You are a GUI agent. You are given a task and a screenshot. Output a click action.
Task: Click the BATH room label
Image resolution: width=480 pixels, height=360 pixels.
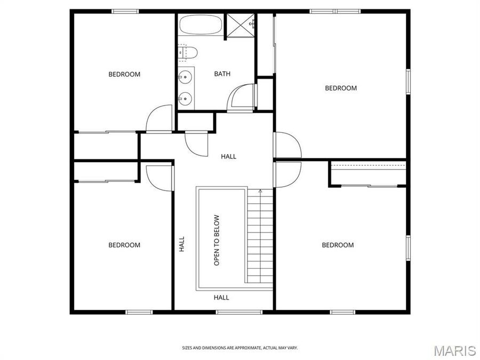click(222, 74)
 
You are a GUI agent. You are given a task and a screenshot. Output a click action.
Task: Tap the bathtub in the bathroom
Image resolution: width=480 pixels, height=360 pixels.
click(201, 25)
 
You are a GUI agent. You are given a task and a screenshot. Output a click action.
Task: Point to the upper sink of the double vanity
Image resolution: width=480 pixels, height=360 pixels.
click(185, 77)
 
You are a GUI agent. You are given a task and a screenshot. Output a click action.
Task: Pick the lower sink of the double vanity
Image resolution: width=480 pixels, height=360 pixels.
click(185, 98)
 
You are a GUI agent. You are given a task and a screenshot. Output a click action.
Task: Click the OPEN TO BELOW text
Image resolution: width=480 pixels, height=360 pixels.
click(217, 240)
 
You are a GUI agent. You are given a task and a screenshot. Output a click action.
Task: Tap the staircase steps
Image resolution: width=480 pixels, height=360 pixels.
click(260, 237)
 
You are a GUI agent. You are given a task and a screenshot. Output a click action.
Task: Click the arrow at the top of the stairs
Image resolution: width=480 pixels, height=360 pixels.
click(260, 191)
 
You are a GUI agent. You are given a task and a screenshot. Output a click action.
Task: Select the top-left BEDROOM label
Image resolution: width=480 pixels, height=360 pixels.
click(124, 74)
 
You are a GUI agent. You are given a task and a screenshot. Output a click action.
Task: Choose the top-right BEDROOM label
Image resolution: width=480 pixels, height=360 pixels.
click(341, 88)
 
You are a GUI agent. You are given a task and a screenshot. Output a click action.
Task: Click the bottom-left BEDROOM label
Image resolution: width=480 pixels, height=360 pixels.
click(124, 245)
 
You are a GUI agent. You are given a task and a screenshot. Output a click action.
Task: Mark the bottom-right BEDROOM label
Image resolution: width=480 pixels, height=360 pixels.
click(338, 245)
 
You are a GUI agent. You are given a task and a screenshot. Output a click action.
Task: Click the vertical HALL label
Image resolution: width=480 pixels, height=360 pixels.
click(182, 244)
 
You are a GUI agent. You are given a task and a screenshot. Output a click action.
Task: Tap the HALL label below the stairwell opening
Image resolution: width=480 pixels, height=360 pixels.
click(221, 298)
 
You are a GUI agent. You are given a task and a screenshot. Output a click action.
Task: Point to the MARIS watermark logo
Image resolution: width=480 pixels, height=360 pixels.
click(454, 350)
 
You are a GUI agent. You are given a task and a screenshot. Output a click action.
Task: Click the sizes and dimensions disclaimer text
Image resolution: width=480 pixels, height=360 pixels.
click(240, 348)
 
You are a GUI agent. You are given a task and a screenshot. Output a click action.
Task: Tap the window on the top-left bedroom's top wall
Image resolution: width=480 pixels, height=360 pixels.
click(125, 11)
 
